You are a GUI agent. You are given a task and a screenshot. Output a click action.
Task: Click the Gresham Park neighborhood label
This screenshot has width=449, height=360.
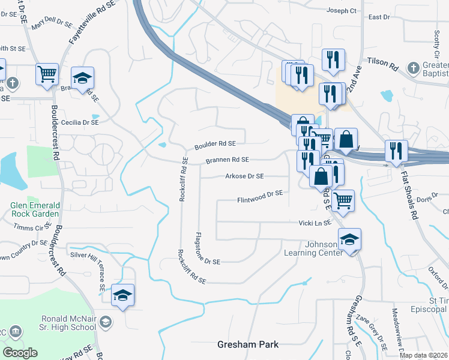[x=248, y=345]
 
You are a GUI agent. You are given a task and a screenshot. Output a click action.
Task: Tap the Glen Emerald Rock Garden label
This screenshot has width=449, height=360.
[x=35, y=209]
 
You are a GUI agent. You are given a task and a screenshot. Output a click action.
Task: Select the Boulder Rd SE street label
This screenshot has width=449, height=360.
[x=214, y=144]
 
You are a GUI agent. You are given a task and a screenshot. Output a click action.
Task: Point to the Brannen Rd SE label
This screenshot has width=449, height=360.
[x=227, y=160]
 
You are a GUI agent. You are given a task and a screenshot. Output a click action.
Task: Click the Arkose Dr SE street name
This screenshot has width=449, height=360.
[x=244, y=176]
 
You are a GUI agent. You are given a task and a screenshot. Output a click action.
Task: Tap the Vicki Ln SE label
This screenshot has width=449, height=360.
[x=315, y=223]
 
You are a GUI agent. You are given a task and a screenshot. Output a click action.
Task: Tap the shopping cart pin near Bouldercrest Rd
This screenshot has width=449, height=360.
[x=47, y=74]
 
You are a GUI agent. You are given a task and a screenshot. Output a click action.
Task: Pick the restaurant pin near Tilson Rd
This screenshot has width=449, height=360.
[x=333, y=59]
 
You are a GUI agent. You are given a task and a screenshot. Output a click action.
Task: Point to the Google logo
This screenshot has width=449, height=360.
[x=20, y=353]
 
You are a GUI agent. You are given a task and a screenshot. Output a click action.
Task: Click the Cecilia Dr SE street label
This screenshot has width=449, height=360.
[x=76, y=122]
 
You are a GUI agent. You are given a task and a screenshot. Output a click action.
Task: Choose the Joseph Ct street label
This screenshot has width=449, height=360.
[x=342, y=11]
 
